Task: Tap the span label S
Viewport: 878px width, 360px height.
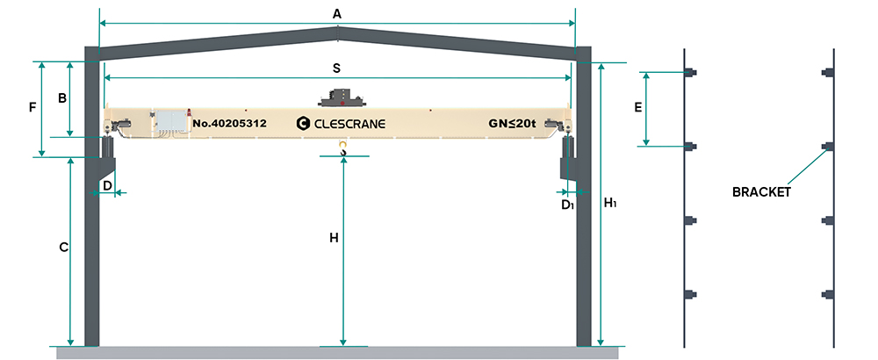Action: point(336,67)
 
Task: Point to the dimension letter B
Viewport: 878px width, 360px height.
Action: point(62,97)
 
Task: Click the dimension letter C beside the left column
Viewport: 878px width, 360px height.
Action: point(63,248)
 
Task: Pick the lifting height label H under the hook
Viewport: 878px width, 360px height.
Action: point(334,238)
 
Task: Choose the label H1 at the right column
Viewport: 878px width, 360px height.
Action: point(611,203)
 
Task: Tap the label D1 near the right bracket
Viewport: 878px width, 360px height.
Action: point(568,205)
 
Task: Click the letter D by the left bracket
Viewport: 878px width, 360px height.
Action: point(107,185)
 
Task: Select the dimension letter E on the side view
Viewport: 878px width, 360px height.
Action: point(638,108)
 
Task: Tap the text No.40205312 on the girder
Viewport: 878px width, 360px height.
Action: point(229,124)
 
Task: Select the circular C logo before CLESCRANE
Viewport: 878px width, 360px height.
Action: point(304,125)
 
